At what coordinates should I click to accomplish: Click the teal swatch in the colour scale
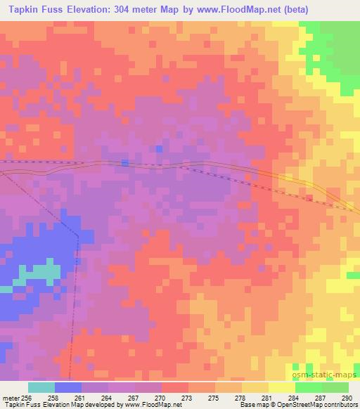[x=41, y=387]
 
